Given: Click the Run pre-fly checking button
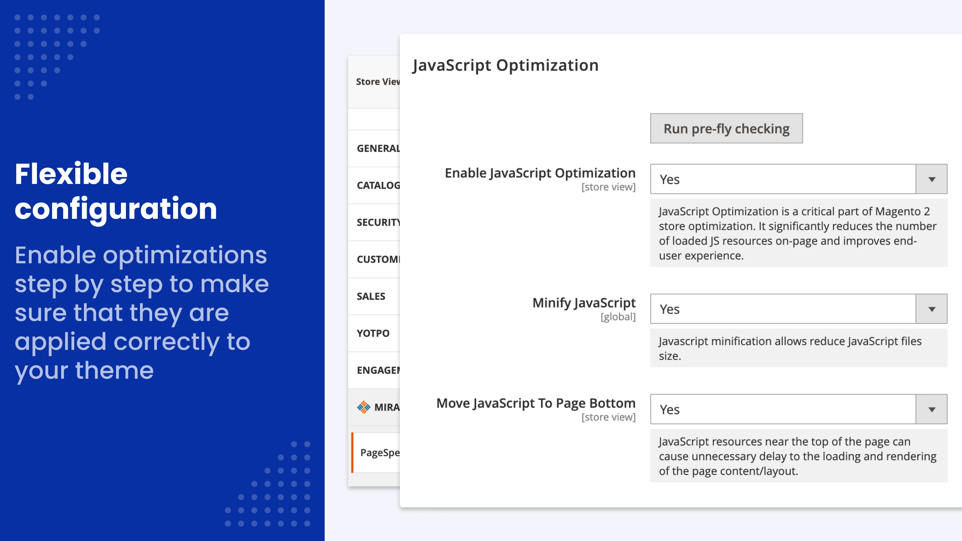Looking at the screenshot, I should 726,128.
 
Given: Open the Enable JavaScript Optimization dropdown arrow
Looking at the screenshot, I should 931,179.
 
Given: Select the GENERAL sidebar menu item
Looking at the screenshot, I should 378,148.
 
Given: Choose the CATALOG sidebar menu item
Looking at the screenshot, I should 378,185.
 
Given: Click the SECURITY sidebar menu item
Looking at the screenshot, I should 378,222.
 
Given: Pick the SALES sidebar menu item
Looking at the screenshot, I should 371,296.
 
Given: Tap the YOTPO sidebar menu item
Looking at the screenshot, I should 373,333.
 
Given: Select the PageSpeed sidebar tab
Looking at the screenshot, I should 379,453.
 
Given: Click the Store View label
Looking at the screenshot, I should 377,82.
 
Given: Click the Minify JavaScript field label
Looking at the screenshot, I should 584,303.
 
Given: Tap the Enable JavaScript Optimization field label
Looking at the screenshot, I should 540,173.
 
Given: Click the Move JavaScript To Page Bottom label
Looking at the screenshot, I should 536,403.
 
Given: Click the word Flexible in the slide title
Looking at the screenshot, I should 71,174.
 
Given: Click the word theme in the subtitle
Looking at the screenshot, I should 114,370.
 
